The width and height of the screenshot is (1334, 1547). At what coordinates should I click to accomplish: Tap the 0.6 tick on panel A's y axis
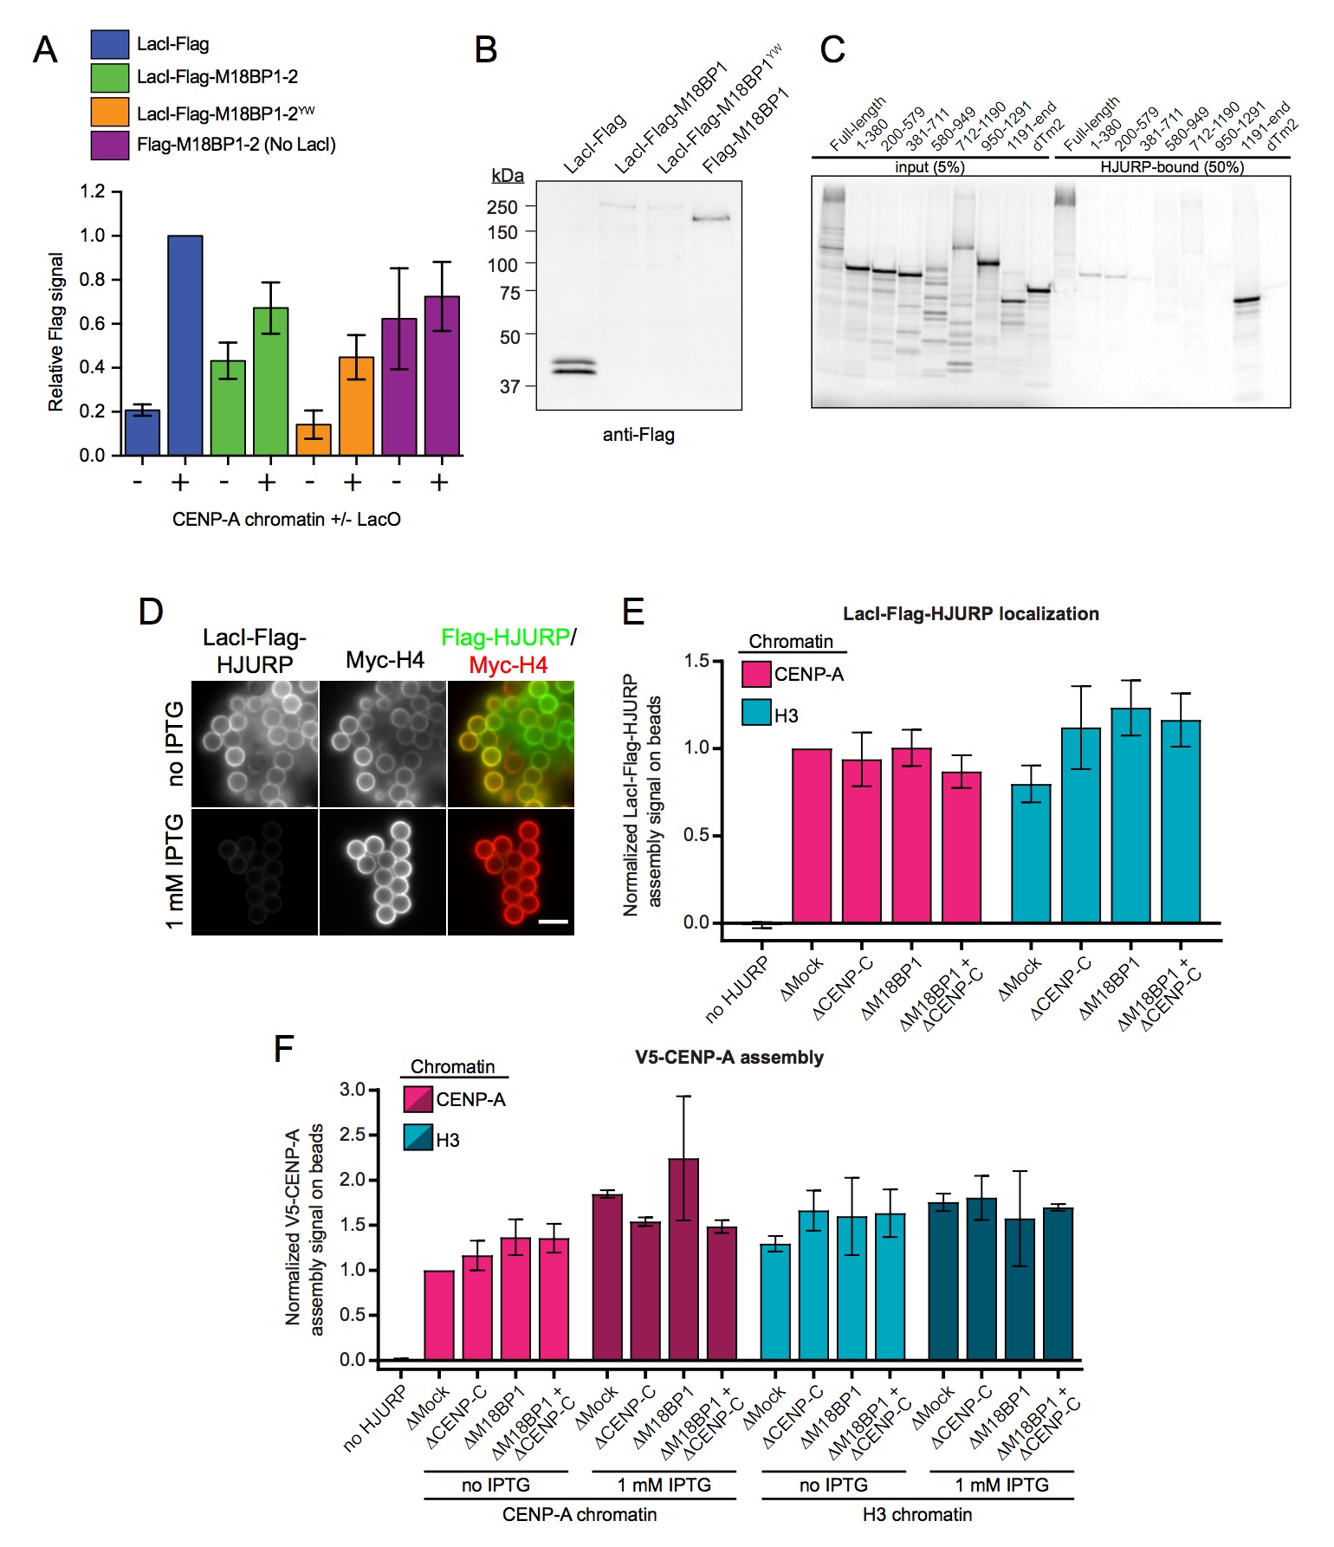coord(93,323)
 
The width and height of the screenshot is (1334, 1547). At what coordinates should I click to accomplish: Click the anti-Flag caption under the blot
coord(638,435)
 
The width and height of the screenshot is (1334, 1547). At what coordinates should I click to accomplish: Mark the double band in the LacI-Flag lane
coord(573,366)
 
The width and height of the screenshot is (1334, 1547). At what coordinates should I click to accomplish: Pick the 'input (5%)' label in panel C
coord(929,167)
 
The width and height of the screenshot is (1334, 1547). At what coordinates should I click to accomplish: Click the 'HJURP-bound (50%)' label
coord(1171,167)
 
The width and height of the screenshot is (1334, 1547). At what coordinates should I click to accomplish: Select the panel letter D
coord(151,612)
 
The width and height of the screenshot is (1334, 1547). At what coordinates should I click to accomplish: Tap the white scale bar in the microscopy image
coord(554,922)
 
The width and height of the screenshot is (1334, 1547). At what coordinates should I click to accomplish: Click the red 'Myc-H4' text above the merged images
coord(508,665)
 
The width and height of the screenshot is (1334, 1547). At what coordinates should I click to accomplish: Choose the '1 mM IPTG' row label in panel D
coord(175,871)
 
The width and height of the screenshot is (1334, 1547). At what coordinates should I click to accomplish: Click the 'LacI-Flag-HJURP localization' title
coord(970,614)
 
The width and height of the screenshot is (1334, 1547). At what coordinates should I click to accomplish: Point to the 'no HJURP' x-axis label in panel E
coord(738,989)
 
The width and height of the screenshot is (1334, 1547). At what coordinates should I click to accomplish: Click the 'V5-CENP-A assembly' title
coord(729,1058)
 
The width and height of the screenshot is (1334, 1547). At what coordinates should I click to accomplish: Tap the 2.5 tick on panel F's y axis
coord(353,1135)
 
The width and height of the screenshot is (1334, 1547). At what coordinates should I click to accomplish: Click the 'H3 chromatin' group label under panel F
coord(917,1514)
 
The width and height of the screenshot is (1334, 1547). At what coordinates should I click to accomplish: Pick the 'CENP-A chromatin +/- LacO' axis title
coord(286,520)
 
